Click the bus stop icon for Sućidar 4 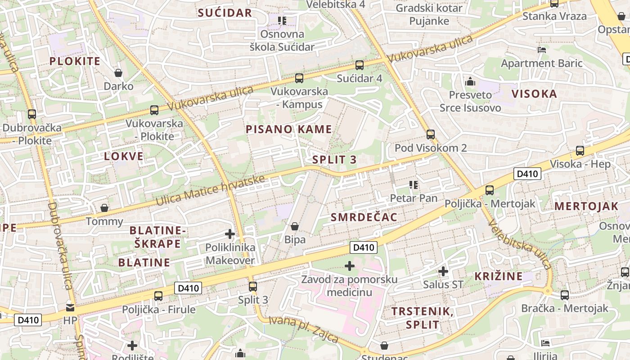(359, 65)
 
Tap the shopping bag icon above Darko (118, 73)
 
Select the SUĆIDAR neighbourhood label (225, 13)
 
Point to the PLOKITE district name (75, 61)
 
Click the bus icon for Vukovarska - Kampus (299, 78)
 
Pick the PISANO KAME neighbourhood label (289, 129)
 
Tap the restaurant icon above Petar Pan (414, 184)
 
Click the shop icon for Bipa (295, 226)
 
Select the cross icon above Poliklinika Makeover (230, 234)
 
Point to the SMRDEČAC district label (364, 217)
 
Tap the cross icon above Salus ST (443, 271)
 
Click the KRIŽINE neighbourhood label (499, 276)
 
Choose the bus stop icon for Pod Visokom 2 (431, 134)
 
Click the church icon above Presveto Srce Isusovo (470, 82)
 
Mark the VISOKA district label (534, 94)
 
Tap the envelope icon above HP (70, 308)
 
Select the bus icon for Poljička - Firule (158, 296)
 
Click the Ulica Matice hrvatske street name (210, 190)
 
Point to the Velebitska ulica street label (519, 244)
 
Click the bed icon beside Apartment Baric (542, 50)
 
